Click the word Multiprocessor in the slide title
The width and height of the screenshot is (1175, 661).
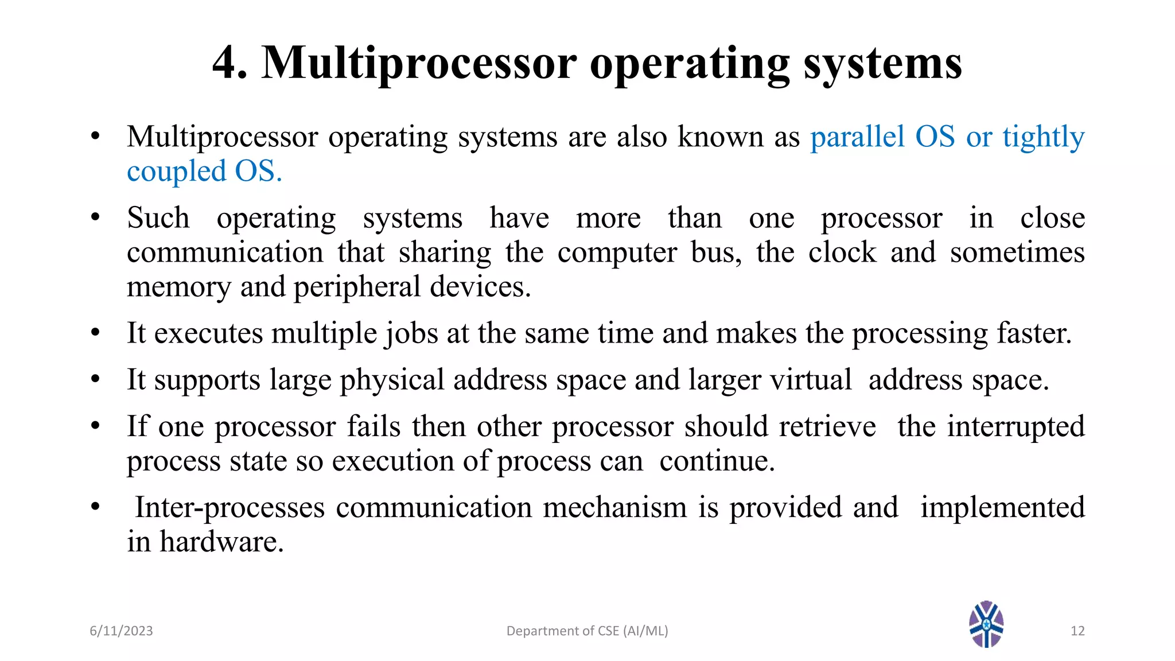(419, 64)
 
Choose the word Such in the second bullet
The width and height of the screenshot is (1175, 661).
(158, 218)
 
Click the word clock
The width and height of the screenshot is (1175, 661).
(842, 252)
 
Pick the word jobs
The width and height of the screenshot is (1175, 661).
(411, 334)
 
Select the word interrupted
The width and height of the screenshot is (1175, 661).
(1016, 427)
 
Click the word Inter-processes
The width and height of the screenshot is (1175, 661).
(229, 508)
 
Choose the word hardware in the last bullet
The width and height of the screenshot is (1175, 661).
(221, 542)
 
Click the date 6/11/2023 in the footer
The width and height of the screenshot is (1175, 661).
(121, 631)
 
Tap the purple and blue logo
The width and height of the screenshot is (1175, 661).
(986, 624)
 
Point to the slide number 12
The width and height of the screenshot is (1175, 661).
(1077, 631)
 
